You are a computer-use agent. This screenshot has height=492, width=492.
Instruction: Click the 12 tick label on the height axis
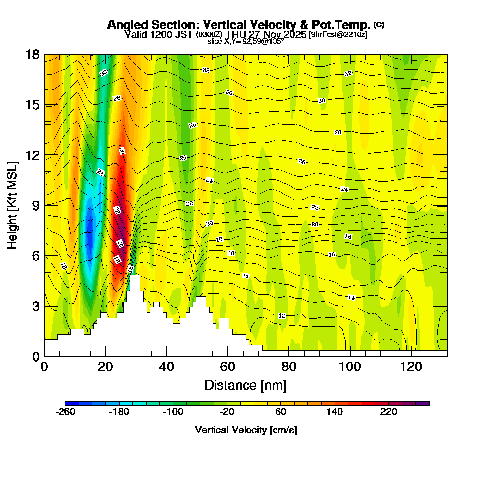tap(32, 155)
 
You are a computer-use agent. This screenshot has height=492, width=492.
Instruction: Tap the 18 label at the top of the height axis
tap(32, 54)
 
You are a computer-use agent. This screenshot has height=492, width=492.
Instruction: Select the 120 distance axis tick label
tap(411, 367)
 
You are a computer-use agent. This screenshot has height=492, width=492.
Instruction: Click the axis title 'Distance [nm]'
tap(246, 385)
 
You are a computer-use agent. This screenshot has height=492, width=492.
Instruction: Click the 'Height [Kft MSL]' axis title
tap(12, 205)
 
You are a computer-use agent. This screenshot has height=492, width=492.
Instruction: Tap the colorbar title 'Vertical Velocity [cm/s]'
tap(246, 430)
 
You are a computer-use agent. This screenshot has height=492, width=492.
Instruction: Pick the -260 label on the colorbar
tap(66, 412)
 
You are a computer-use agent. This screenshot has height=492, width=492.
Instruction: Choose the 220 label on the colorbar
tap(389, 412)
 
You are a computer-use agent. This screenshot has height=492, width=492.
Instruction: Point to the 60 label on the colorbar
tap(281, 412)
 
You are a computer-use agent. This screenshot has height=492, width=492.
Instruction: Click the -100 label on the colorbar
tap(173, 412)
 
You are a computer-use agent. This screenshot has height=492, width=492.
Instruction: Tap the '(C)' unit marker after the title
tap(379, 24)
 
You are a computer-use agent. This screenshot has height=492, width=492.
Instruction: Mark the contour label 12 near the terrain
tap(282, 315)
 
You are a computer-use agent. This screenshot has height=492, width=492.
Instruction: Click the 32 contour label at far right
tap(348, 74)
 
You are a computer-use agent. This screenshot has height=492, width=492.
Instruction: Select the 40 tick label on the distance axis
tap(167, 367)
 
